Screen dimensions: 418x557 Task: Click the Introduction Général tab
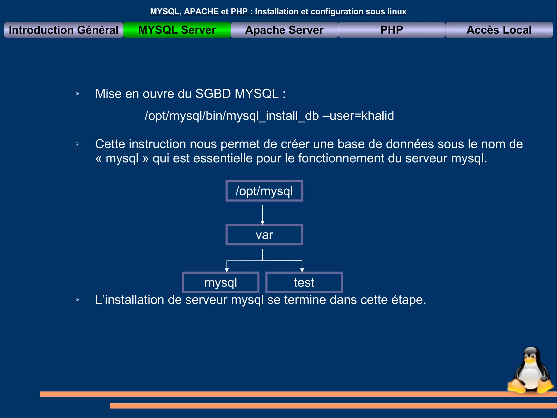64,30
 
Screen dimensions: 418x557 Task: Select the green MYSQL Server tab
177,30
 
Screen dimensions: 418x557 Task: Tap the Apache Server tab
284,30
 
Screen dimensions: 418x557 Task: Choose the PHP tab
391,30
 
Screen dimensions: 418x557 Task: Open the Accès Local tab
499,30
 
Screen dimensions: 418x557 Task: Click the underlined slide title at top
278,11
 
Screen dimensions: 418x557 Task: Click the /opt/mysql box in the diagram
264,191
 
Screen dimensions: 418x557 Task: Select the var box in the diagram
264,235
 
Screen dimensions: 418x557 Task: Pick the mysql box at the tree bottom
221,282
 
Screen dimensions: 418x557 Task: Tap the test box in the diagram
304,282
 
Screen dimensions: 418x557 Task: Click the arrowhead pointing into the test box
302,270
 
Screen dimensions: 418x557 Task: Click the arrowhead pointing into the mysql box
227,270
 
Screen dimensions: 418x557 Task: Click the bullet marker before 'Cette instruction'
78,144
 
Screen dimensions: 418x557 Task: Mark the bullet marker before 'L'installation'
78,300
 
